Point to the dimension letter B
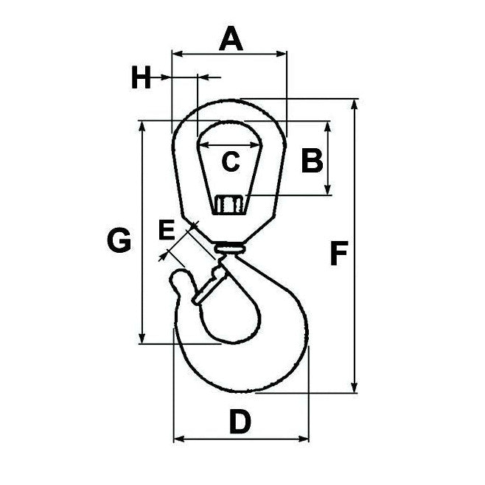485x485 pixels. (311, 160)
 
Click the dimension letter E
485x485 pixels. (167, 231)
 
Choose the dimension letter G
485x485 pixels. (119, 240)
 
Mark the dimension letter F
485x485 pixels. (338, 254)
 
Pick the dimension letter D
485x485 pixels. (240, 423)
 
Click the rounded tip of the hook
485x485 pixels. (179, 279)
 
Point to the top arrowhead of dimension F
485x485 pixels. (357, 102)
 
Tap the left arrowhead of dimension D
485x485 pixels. (178, 440)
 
